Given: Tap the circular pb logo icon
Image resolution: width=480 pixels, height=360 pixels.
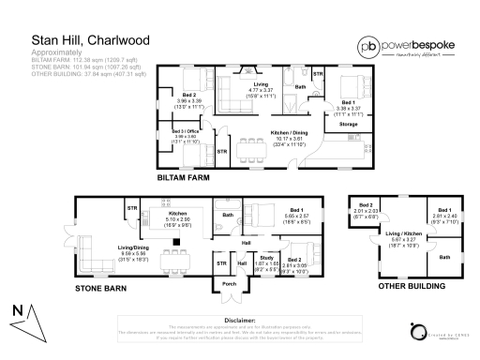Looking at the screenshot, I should point(368,45).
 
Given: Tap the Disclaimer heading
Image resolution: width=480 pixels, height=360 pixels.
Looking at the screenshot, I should point(239,320).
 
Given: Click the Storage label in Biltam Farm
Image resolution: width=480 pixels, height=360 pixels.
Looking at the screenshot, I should point(348,123).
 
